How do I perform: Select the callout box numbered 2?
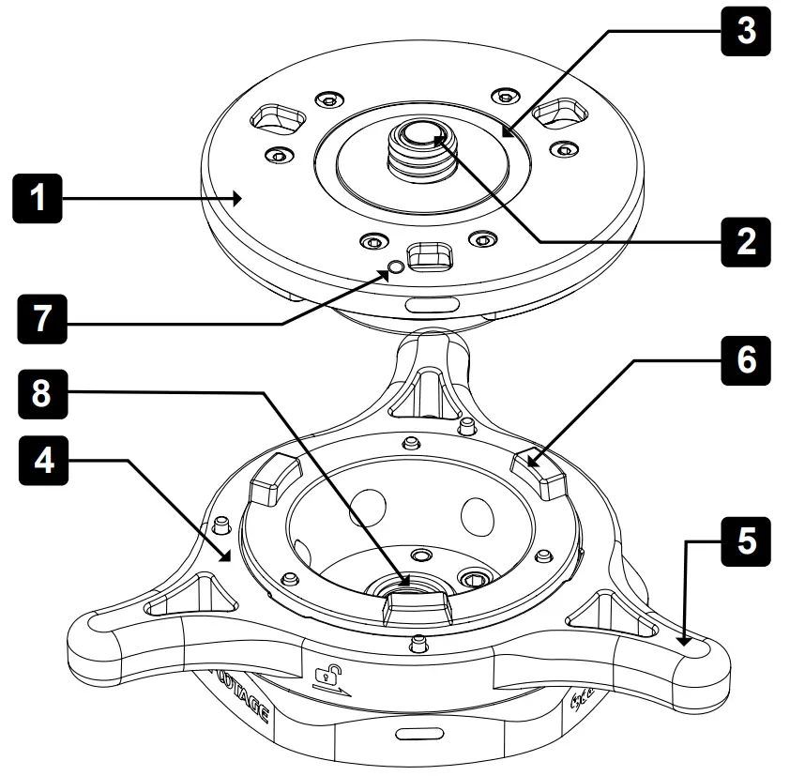point(745,241)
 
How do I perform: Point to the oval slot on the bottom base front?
point(415,733)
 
